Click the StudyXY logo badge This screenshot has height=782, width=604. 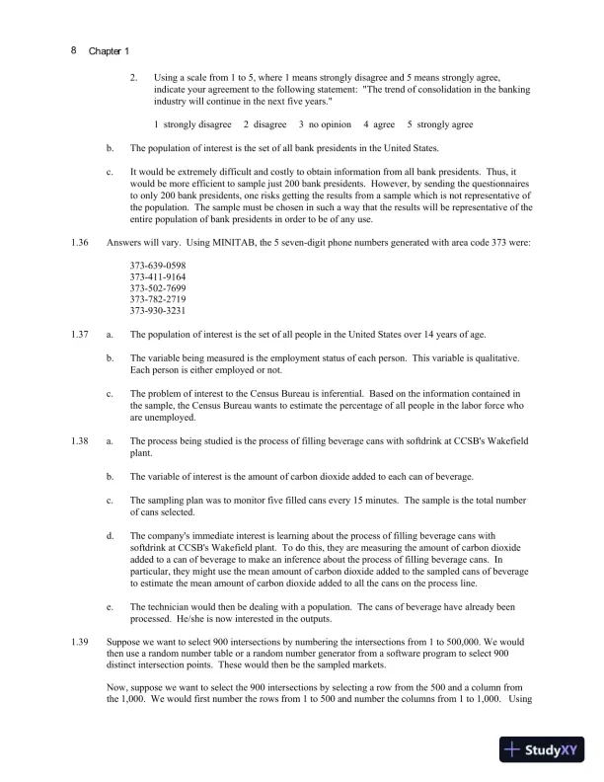pos(543,749)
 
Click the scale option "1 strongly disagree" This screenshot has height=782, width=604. pos(193,125)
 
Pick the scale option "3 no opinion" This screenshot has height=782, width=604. pos(325,125)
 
